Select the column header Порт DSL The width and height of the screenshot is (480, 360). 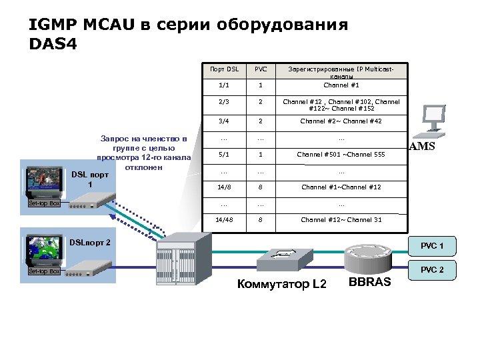coord(223,69)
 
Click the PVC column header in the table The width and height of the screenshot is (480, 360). coord(261,69)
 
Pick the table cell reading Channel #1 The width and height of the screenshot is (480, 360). coord(341,85)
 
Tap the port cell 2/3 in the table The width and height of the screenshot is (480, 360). coord(223,103)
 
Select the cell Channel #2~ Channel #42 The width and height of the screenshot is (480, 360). coord(341,121)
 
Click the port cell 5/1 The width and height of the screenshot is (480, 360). coord(223,155)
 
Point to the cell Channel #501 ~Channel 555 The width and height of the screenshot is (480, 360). coord(341,155)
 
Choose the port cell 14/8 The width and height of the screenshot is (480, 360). coord(223,187)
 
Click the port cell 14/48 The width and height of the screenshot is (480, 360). coord(223,220)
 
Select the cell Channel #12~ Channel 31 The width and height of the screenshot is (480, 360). coord(341,220)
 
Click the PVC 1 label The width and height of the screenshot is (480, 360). coord(431,246)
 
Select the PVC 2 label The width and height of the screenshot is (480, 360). coord(431,270)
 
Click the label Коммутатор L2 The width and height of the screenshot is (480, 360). coord(282,285)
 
